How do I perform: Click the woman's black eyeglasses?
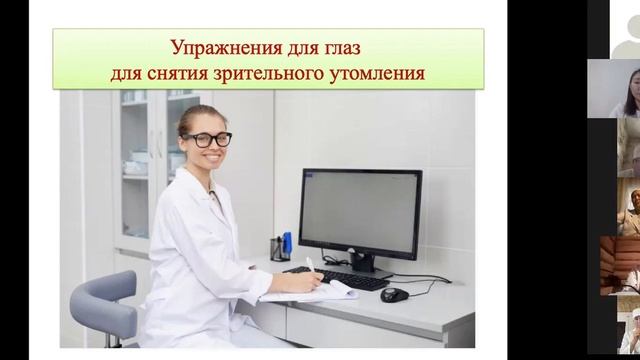[207, 140]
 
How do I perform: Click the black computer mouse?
[395, 294]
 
